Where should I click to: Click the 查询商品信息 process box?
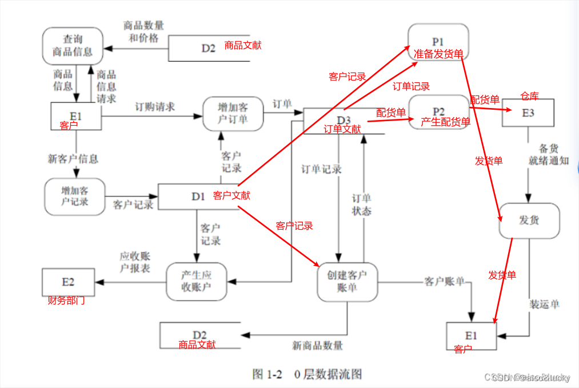point(73,46)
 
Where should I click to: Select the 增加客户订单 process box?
point(233,114)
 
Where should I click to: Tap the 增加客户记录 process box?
point(75,197)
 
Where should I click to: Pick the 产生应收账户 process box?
point(196,281)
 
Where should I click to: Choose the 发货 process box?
point(529,221)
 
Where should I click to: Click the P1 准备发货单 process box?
point(438,42)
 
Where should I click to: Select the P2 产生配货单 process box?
point(438,112)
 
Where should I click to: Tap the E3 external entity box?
point(528,113)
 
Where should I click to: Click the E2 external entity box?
point(68,282)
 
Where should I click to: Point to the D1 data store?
point(198,197)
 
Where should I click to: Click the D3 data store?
point(343,120)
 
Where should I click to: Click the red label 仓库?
point(529,95)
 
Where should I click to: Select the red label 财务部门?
point(67,300)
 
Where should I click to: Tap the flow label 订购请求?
point(155,107)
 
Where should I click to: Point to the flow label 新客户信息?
point(73,158)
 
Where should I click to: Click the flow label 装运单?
point(544,304)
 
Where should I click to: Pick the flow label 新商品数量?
point(317,345)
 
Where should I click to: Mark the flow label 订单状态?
point(361,205)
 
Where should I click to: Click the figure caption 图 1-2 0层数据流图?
point(307,375)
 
